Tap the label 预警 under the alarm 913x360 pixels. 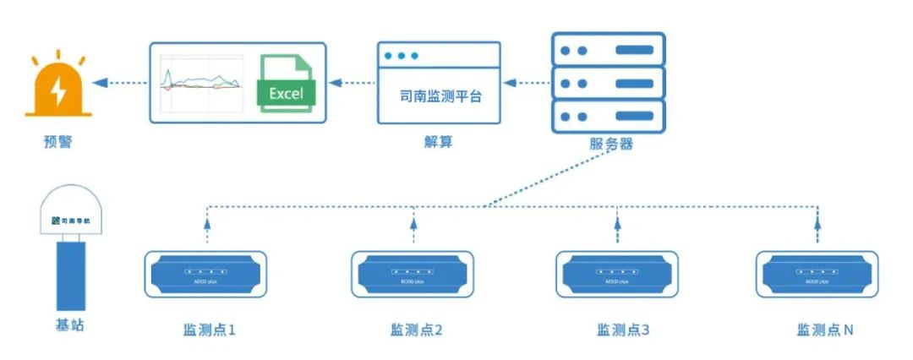pyautogui.click(x=57, y=141)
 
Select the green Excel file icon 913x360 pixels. pyautogui.click(x=286, y=83)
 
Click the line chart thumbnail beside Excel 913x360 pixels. pyautogui.click(x=202, y=83)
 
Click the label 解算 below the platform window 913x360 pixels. pyautogui.click(x=438, y=141)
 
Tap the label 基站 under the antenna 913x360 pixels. pyautogui.click(x=69, y=325)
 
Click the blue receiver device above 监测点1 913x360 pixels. pyautogui.click(x=205, y=274)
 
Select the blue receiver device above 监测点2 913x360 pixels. pyautogui.click(x=412, y=274)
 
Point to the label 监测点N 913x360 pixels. pyautogui.click(x=824, y=330)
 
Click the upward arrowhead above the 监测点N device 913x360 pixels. pyautogui.click(x=817, y=223)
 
